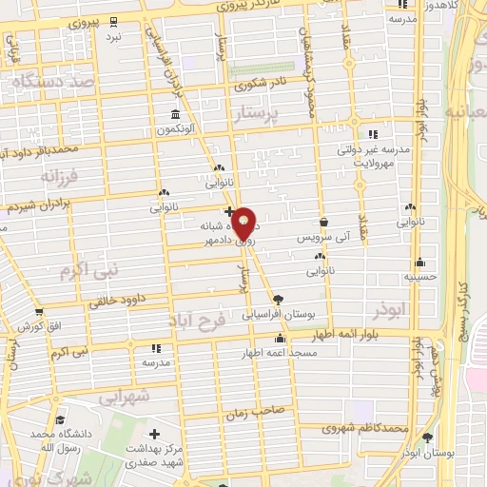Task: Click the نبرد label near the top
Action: pos(114,36)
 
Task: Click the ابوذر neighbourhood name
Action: pos(389,310)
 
